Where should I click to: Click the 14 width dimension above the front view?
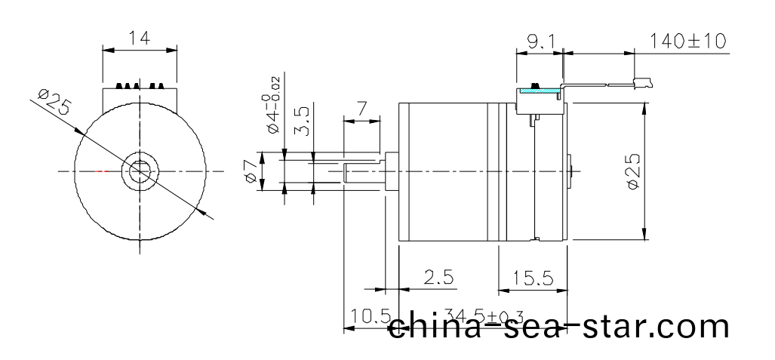click(139, 36)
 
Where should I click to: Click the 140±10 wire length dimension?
click(687, 40)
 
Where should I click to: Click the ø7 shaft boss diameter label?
click(251, 172)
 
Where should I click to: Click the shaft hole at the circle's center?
click(140, 172)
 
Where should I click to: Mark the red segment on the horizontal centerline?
click(101, 171)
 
